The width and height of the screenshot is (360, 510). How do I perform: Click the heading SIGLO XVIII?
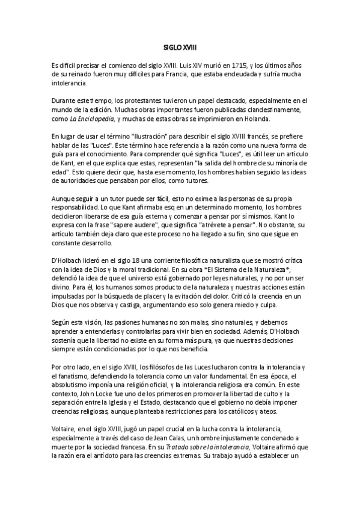(x=180, y=46)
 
